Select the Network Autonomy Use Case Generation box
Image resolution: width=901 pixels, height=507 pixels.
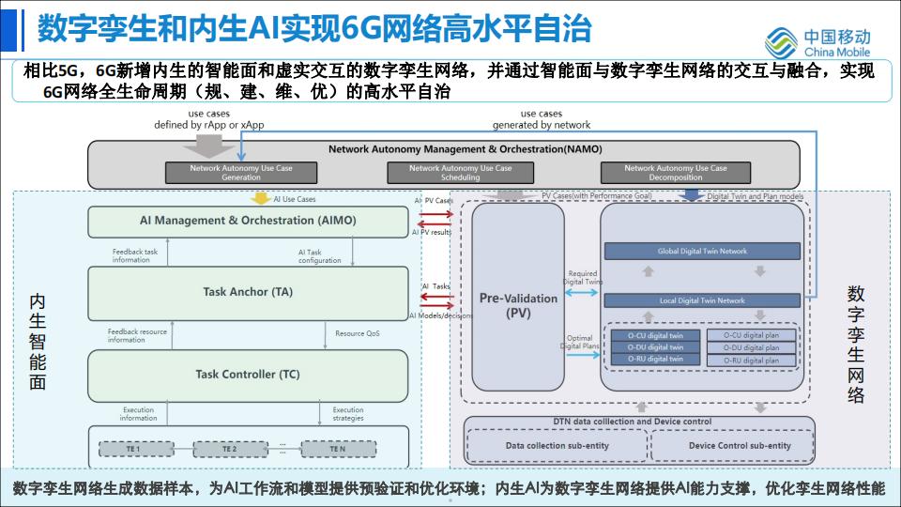point(241,173)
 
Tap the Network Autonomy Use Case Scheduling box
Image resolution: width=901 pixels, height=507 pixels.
point(461,173)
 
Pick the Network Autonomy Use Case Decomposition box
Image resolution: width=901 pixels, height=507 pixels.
point(676,173)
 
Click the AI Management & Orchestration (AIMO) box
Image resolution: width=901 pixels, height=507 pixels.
point(249,221)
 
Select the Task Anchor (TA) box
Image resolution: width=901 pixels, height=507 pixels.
point(249,292)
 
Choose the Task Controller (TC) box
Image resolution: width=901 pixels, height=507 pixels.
point(249,375)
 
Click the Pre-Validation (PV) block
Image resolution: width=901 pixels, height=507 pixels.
point(518,305)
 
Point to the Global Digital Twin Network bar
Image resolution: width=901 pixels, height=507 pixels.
point(702,252)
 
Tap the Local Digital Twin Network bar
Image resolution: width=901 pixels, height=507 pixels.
point(702,300)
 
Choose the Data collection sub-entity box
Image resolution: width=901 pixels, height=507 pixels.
point(556,445)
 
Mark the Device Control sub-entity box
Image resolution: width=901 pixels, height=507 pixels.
point(740,445)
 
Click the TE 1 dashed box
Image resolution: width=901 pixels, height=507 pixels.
point(133,449)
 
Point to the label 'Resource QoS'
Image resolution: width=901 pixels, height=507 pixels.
point(358,333)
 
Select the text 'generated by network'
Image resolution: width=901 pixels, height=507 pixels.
point(542,125)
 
